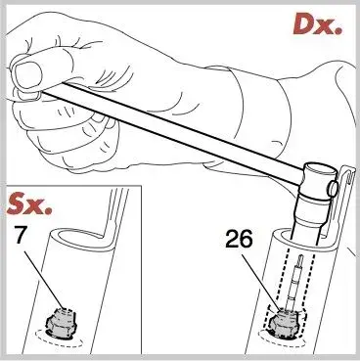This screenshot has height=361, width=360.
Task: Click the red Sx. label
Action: (x=29, y=204)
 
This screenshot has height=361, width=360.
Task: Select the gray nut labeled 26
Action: (x=283, y=322)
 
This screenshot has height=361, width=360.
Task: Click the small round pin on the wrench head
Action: (x=333, y=189)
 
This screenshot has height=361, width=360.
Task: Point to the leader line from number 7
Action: (x=43, y=279)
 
